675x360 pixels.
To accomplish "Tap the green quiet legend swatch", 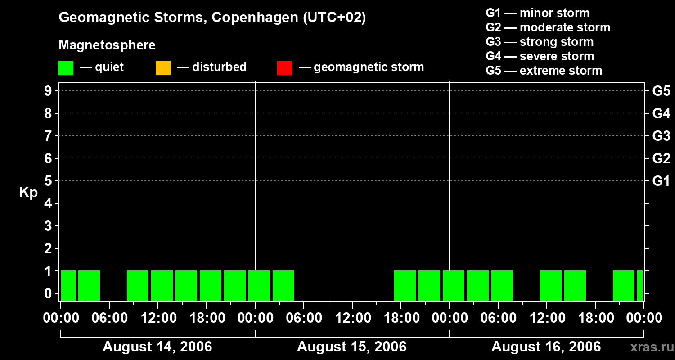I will click(x=66, y=68).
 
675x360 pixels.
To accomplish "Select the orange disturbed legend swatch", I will click(x=163, y=68).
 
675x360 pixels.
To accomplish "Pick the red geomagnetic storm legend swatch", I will click(x=284, y=68).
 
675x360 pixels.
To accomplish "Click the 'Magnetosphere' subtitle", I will click(x=107, y=45).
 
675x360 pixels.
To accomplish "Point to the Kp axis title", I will click(x=28, y=193).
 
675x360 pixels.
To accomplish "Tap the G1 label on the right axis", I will click(x=661, y=181).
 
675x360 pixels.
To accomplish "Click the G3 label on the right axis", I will click(x=661, y=136).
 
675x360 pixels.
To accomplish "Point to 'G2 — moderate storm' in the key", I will click(x=548, y=27).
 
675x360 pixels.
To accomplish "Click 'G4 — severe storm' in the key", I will click(x=540, y=56).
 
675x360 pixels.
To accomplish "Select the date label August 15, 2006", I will click(x=351, y=347).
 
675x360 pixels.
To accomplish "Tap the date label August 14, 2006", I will click(x=157, y=347).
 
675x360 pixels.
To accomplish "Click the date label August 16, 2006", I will click(x=546, y=347).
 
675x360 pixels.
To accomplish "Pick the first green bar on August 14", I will click(x=68, y=285).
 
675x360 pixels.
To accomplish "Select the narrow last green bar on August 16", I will click(x=639, y=285).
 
